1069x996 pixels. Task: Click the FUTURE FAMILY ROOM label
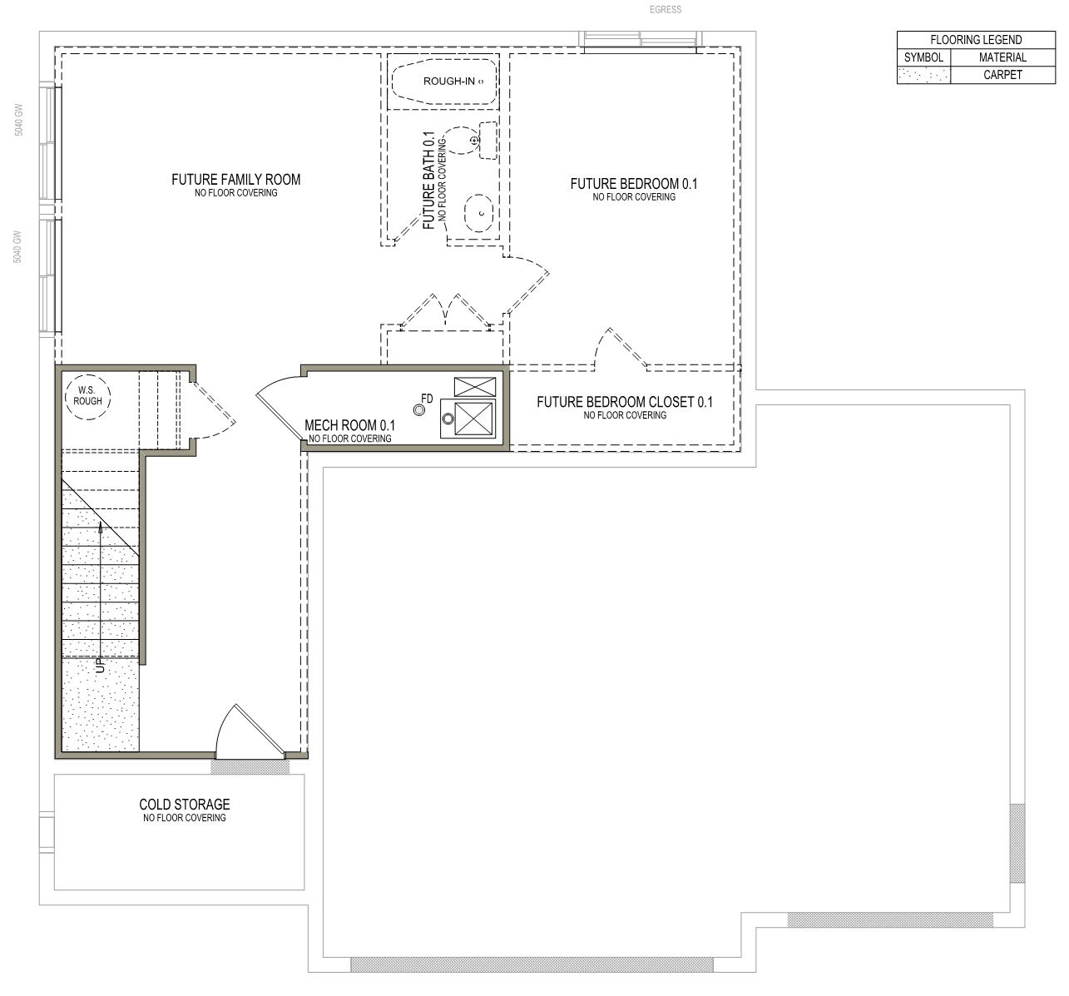(x=235, y=179)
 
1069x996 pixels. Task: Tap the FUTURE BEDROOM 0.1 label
(x=634, y=184)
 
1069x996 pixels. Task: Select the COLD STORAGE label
(x=184, y=805)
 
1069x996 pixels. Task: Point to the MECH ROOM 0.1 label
(x=349, y=425)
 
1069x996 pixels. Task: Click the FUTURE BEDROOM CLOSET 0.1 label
(x=625, y=402)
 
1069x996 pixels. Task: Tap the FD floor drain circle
(x=418, y=410)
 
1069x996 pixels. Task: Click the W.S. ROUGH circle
(x=87, y=397)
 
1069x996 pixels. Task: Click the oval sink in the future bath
(x=479, y=213)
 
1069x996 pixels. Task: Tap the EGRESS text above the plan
(x=666, y=9)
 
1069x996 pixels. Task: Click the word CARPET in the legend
(x=1002, y=75)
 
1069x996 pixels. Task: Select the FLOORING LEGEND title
(x=976, y=40)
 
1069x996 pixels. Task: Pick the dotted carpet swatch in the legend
(x=923, y=75)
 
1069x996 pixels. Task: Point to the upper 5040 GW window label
(x=19, y=120)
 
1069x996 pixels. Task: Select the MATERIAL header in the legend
(x=1002, y=57)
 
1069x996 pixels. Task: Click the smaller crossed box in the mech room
(x=475, y=387)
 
